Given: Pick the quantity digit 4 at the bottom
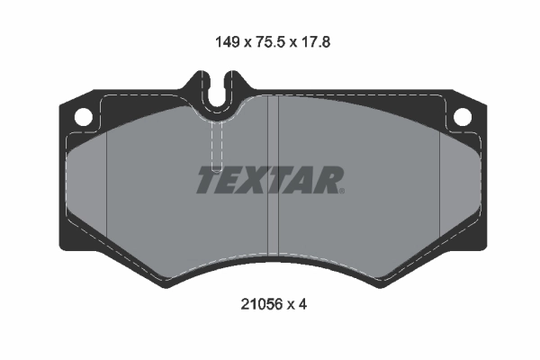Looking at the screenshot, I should [303, 304].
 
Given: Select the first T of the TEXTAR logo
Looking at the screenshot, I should [208, 181].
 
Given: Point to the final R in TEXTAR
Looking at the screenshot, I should [327, 181].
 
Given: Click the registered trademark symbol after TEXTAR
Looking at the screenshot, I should [342, 191].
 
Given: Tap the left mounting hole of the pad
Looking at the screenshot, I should [82, 116].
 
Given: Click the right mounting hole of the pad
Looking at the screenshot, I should [462, 116].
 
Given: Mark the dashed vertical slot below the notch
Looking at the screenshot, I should [216, 144].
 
